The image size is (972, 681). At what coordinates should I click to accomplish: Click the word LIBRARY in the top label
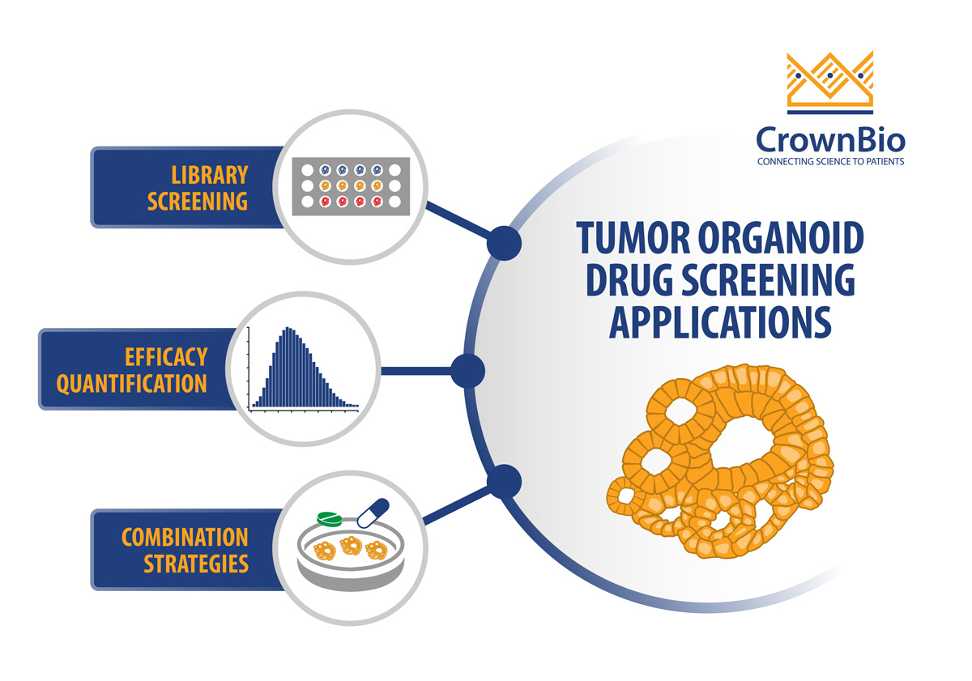(210, 175)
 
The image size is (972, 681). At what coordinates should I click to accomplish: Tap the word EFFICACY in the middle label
(166, 357)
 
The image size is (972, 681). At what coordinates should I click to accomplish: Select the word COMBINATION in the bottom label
(185, 538)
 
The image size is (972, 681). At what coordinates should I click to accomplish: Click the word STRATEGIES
(196, 564)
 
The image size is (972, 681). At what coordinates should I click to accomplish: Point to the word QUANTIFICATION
(132, 384)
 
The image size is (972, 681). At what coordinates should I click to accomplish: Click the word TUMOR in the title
(633, 238)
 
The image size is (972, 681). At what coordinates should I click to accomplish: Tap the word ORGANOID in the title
(781, 238)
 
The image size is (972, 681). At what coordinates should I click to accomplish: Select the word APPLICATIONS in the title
(720, 322)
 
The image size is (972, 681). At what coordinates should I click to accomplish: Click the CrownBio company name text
(830, 139)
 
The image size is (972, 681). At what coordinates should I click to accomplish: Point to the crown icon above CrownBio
(829, 83)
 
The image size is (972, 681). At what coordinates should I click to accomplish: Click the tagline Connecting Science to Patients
(830, 162)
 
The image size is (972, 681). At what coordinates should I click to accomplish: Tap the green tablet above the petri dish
(330, 519)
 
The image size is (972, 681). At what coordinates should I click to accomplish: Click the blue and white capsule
(373, 513)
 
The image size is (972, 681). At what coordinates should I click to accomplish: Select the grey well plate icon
(351, 186)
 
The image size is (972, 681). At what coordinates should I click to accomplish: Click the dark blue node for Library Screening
(504, 244)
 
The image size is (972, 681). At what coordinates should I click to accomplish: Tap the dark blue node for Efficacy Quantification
(468, 371)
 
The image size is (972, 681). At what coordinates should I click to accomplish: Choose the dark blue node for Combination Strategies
(504, 482)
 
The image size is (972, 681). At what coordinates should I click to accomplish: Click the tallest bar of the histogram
(288, 367)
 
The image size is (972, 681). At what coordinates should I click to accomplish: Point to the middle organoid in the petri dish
(351, 546)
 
